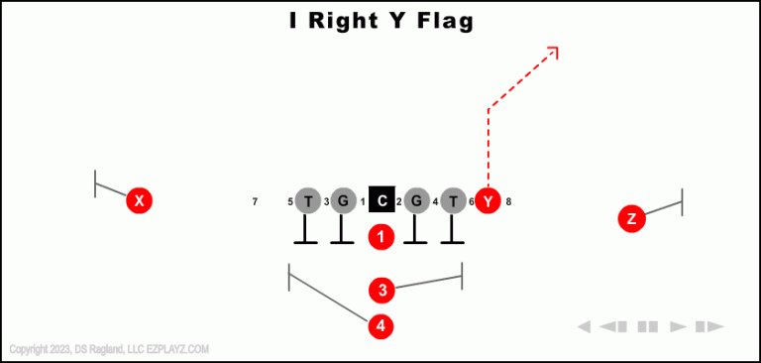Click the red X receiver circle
[140, 201]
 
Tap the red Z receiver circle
[631, 218]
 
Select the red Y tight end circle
[488, 201]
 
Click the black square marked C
[381, 200]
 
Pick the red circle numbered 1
[381, 237]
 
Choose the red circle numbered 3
[381, 290]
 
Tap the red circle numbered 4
[381, 325]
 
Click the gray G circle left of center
[343, 201]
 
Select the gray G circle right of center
[416, 201]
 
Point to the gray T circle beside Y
[453, 201]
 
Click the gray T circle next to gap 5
[308, 201]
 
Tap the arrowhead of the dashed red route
[553, 51]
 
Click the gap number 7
[255, 202]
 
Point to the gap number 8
[508, 202]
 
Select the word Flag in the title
[440, 20]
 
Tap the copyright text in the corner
[109, 349]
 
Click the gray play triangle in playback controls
[679, 326]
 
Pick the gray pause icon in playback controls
[648, 326]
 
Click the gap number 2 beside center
[398, 202]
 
